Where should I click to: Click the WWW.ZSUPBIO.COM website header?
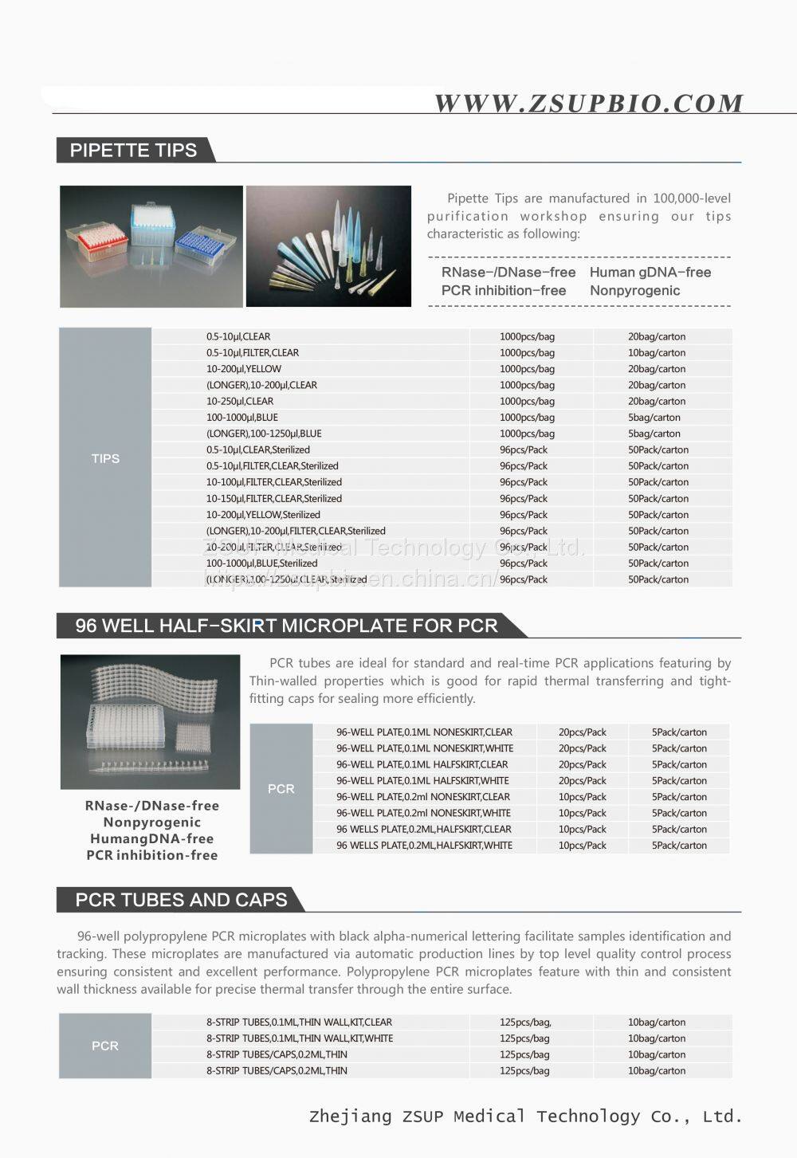pos(588,104)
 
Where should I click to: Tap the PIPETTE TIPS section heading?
pos(133,151)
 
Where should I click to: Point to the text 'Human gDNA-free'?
pos(650,273)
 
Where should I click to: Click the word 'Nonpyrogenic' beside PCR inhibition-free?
pos(634,291)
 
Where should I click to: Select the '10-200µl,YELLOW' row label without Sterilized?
pos(244,369)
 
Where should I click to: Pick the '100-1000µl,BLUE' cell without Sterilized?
pos(242,418)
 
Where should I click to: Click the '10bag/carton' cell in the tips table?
pos(656,353)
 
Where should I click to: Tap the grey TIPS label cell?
pos(105,458)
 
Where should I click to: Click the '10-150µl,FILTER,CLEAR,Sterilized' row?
pos(274,499)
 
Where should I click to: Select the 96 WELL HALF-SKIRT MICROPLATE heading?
pos(286,626)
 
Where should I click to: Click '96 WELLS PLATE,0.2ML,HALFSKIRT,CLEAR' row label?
pos(423,830)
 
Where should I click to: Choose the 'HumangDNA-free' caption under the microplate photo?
pos(151,839)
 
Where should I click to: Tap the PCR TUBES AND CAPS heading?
pos(181,901)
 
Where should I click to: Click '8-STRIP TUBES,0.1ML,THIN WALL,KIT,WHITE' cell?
pos(300,1038)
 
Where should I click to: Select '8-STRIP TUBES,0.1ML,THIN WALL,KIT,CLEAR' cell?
pos(299,1023)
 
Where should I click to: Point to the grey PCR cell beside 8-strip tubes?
pos(105,1046)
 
